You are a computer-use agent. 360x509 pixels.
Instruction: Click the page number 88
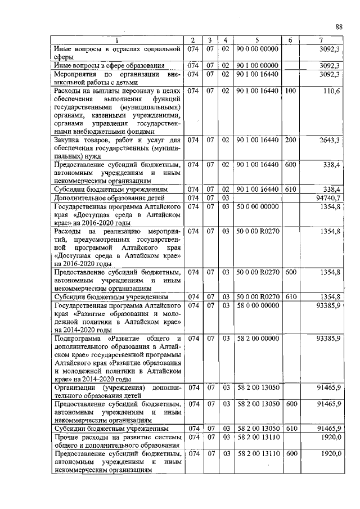339,26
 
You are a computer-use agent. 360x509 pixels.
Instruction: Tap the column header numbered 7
321,40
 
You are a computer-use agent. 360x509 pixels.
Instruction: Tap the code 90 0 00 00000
256,49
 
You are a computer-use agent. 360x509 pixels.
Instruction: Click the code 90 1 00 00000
256,66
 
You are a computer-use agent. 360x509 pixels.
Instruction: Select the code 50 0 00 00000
258,206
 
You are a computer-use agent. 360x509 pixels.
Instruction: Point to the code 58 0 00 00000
258,305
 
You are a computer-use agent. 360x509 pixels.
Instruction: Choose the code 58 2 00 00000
258,339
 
